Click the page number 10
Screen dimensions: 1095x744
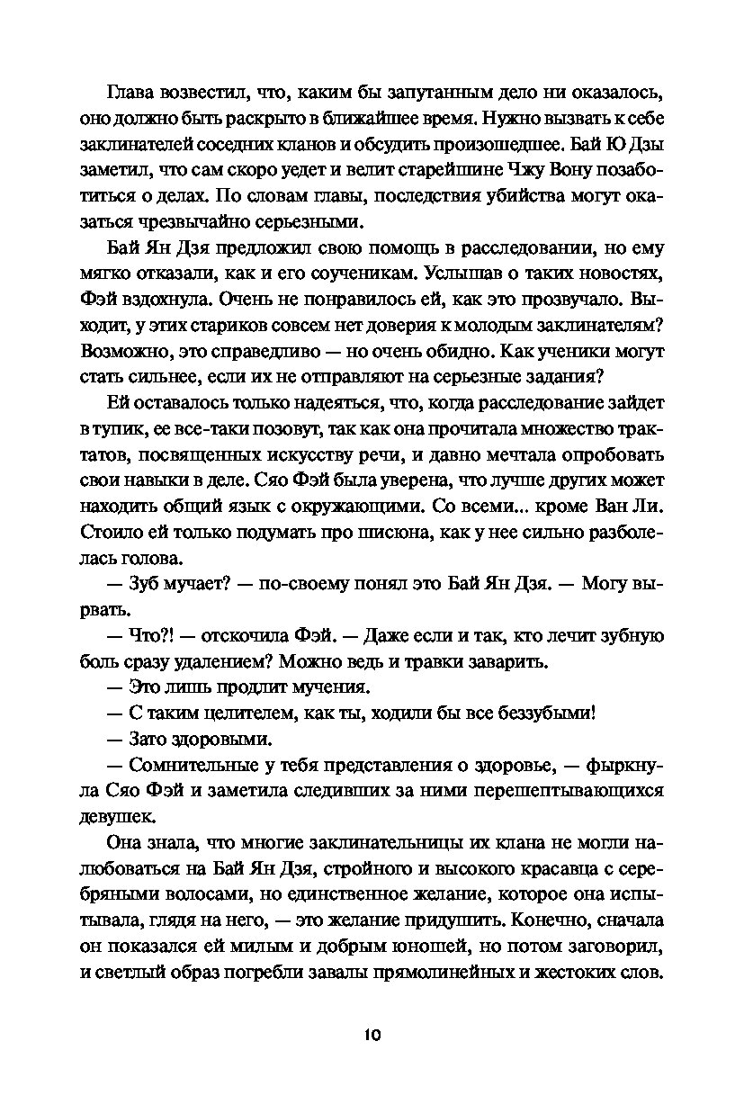pos(372,1035)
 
